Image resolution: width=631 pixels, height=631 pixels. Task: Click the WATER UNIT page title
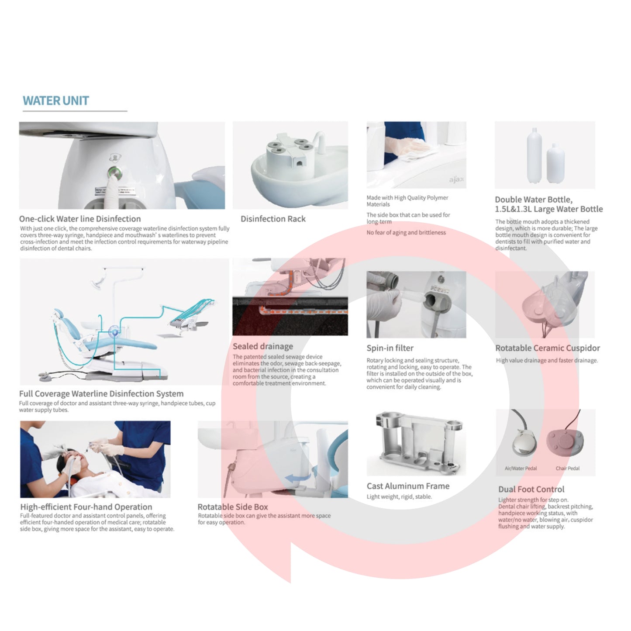coord(55,100)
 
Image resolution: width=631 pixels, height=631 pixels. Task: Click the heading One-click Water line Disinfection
coord(80,219)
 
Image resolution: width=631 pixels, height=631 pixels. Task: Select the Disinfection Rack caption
coord(273,219)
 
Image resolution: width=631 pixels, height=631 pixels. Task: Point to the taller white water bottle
coord(534,155)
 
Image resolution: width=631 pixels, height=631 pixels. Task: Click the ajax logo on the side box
coord(456,179)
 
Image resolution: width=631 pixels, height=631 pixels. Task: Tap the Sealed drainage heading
coord(262,346)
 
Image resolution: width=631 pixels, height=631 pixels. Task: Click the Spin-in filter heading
coord(390,348)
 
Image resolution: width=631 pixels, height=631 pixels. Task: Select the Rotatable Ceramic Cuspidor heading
coord(548,348)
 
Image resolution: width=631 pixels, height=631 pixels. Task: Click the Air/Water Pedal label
coord(521,468)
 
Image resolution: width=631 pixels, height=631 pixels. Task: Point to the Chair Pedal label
coord(568,468)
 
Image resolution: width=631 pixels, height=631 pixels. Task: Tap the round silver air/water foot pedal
coord(524,443)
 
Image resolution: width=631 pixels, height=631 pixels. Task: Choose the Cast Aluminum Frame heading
coord(408,486)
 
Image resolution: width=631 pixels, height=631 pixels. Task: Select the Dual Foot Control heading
coord(531,489)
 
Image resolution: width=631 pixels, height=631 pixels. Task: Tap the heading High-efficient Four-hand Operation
coord(86,507)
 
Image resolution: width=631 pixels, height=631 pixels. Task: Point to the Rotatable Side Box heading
coord(232,507)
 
